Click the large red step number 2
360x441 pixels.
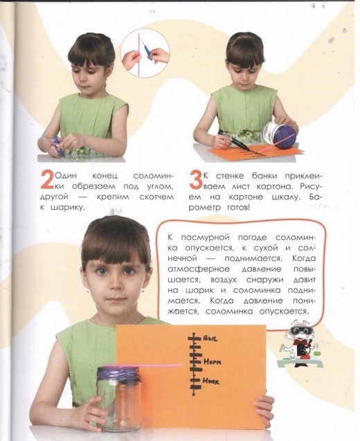(x=47, y=180)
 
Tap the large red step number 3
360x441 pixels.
(x=195, y=180)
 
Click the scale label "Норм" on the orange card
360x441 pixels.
(x=212, y=361)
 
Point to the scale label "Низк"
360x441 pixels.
(x=211, y=381)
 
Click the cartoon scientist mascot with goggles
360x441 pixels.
(x=300, y=343)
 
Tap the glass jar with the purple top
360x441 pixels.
(x=118, y=397)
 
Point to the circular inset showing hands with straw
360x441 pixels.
(x=145, y=53)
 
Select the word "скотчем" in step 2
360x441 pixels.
(x=156, y=197)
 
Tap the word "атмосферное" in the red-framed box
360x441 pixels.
(x=199, y=269)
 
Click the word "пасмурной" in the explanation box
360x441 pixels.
(x=205, y=238)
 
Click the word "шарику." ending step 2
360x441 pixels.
(x=67, y=208)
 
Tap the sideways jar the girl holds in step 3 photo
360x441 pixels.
(x=279, y=133)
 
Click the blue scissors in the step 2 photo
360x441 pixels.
(x=57, y=146)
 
